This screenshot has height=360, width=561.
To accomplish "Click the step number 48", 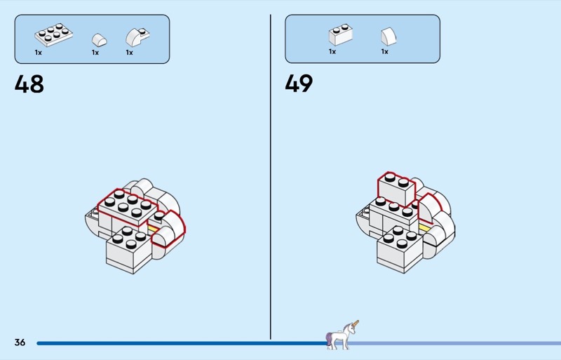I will pyautogui.click(x=29, y=84).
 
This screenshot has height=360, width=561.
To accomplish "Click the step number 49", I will pyautogui.click(x=299, y=84).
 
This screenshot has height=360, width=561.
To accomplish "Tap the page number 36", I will pyautogui.click(x=20, y=342).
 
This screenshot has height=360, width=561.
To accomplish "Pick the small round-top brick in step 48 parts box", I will pyautogui.click(x=100, y=39).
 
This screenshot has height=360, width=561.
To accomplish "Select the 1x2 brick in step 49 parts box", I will pyautogui.click(x=340, y=35).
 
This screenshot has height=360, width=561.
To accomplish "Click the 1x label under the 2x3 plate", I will pyautogui.click(x=39, y=53).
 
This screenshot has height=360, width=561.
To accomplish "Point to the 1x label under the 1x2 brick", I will pyautogui.click(x=332, y=51).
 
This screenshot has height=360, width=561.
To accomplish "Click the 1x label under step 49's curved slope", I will pyautogui.click(x=384, y=51).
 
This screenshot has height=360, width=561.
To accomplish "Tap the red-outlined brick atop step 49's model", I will pyautogui.click(x=396, y=185).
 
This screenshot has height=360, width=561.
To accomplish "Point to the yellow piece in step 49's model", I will pyautogui.click(x=424, y=227).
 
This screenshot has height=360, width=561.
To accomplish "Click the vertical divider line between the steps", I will pyautogui.click(x=271, y=175).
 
